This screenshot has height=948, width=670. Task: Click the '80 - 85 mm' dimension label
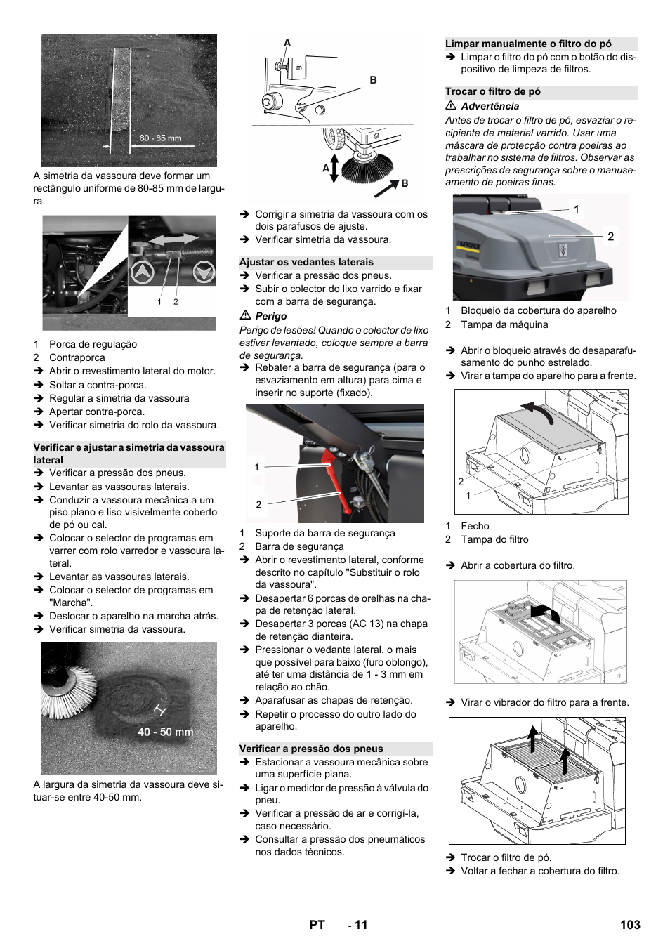(160, 138)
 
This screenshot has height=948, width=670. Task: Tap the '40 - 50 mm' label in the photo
(166, 732)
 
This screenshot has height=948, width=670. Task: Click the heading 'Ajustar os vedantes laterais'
(306, 262)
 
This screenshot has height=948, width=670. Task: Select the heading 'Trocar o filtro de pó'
(492, 91)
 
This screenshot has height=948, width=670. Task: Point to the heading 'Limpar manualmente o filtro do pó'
(528, 44)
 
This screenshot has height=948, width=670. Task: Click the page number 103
(630, 925)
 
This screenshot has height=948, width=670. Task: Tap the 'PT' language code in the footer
(317, 925)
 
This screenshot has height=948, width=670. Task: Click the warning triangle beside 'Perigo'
(245, 315)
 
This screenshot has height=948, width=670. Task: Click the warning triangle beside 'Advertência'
(451, 105)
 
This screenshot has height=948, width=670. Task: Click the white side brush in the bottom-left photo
(67, 692)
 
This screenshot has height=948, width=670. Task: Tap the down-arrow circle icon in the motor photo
(204, 272)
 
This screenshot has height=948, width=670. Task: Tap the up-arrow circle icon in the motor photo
(143, 272)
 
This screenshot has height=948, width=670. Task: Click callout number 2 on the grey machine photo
(610, 237)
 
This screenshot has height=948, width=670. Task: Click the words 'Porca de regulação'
(93, 344)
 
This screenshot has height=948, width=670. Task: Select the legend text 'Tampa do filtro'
(494, 539)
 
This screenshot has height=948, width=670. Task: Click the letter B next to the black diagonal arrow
(405, 183)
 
